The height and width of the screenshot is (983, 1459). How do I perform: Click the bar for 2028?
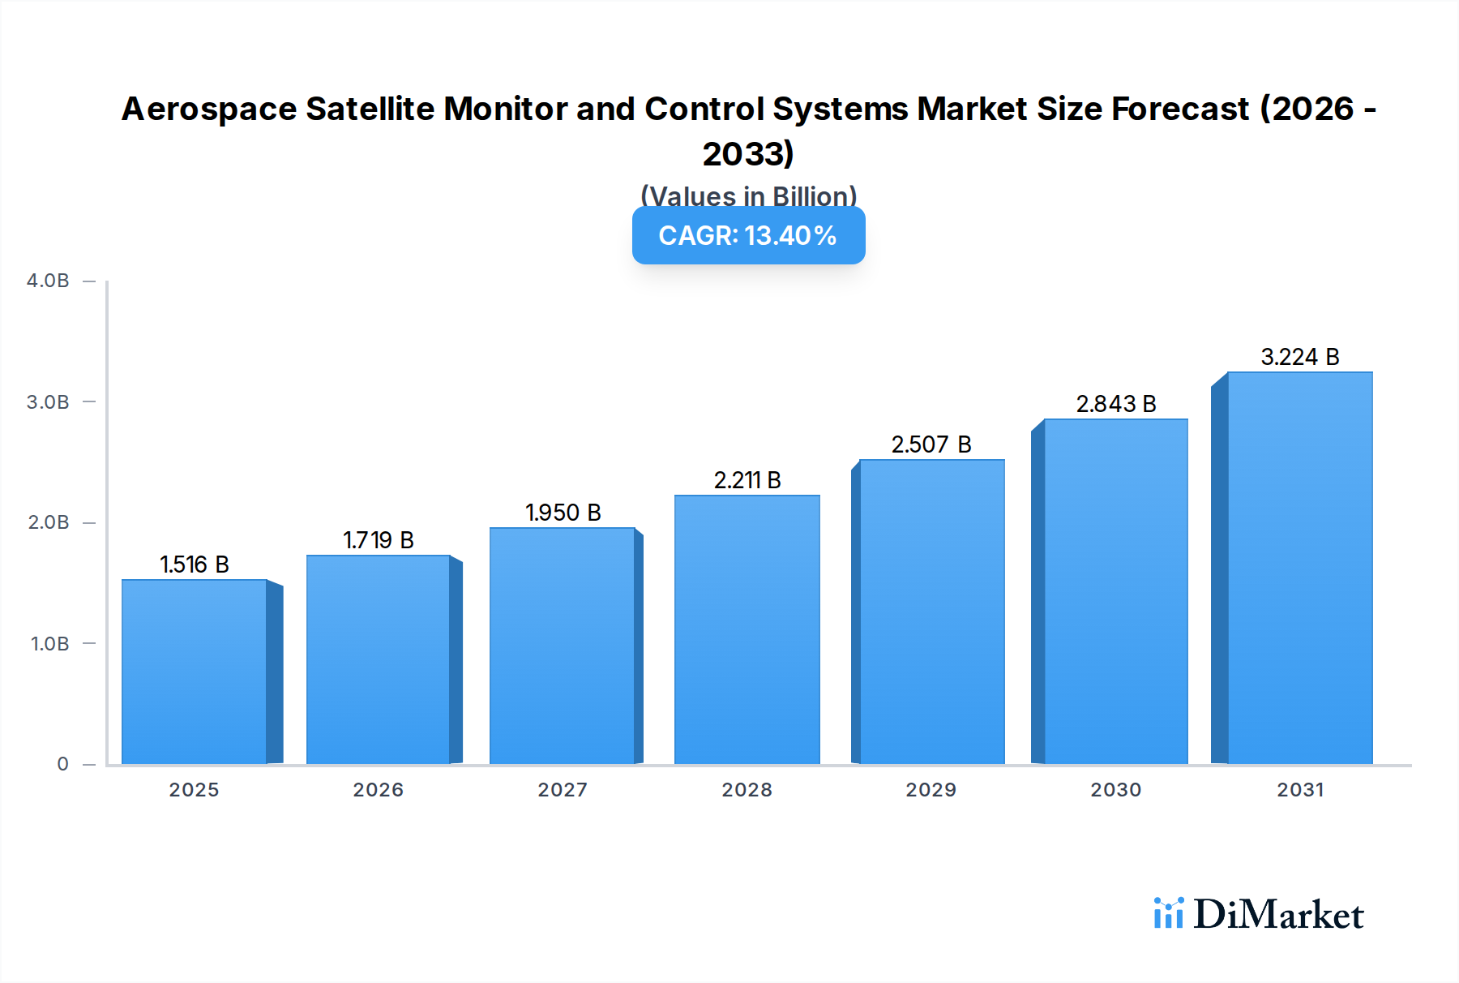tap(747, 629)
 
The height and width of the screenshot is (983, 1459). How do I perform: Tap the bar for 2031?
tap(1299, 568)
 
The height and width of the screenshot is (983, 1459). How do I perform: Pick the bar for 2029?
tap(931, 612)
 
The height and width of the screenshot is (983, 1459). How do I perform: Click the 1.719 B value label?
tap(378, 540)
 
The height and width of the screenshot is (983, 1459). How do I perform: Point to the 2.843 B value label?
tap(1115, 404)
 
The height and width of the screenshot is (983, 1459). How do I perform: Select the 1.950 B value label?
tap(563, 513)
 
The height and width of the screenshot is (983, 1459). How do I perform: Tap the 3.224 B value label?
tap(1299, 357)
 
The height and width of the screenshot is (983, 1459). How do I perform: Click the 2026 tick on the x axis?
tap(378, 789)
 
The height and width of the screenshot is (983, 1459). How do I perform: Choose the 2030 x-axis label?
tap(1115, 789)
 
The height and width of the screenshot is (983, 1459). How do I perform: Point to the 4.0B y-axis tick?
tap(48, 281)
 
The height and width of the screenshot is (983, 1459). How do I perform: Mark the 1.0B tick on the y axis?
tap(49, 644)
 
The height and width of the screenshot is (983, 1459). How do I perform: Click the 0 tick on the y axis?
tap(62, 764)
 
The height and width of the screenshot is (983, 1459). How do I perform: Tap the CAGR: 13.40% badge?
tap(748, 236)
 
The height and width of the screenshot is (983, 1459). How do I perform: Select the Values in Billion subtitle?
tap(748, 195)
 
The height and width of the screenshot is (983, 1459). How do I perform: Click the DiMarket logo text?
tap(1277, 915)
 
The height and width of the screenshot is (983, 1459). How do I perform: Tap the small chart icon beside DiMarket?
tap(1168, 913)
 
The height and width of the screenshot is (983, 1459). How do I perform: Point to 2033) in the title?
tap(747, 153)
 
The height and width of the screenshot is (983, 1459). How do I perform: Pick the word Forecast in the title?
tap(1180, 109)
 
